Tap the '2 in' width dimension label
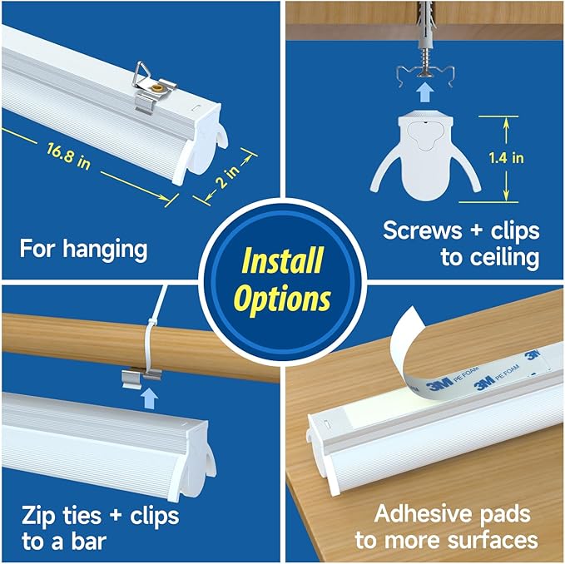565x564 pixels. pos(220,180)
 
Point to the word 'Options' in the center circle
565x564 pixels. pos(282,298)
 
